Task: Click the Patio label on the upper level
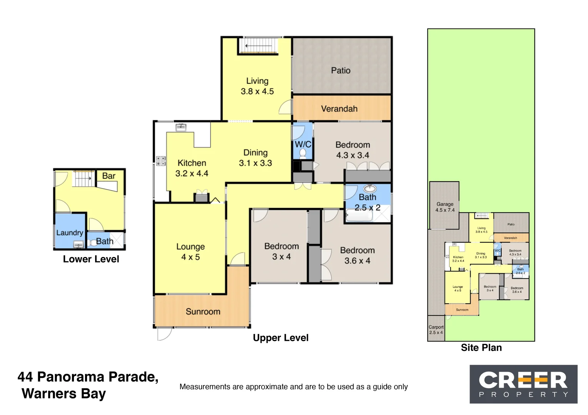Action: pos(341,71)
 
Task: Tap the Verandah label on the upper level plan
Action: pos(339,109)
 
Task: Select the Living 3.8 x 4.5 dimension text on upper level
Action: pos(257,91)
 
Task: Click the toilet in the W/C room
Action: pos(303,153)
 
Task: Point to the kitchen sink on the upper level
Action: pos(180,127)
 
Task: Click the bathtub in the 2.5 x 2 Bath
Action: pos(359,216)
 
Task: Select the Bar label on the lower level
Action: pos(109,176)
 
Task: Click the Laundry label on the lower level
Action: pos(69,233)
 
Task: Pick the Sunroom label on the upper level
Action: pos(203,312)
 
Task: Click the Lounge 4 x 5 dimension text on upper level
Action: pos(190,257)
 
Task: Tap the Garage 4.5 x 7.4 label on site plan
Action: pos(445,207)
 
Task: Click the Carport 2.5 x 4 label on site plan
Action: pos(436,330)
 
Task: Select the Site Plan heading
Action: pos(481,348)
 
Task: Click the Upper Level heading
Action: pos(281,338)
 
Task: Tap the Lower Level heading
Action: pos(91,259)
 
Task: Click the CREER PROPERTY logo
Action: pos(523,384)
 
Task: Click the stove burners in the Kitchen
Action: pos(161,161)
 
